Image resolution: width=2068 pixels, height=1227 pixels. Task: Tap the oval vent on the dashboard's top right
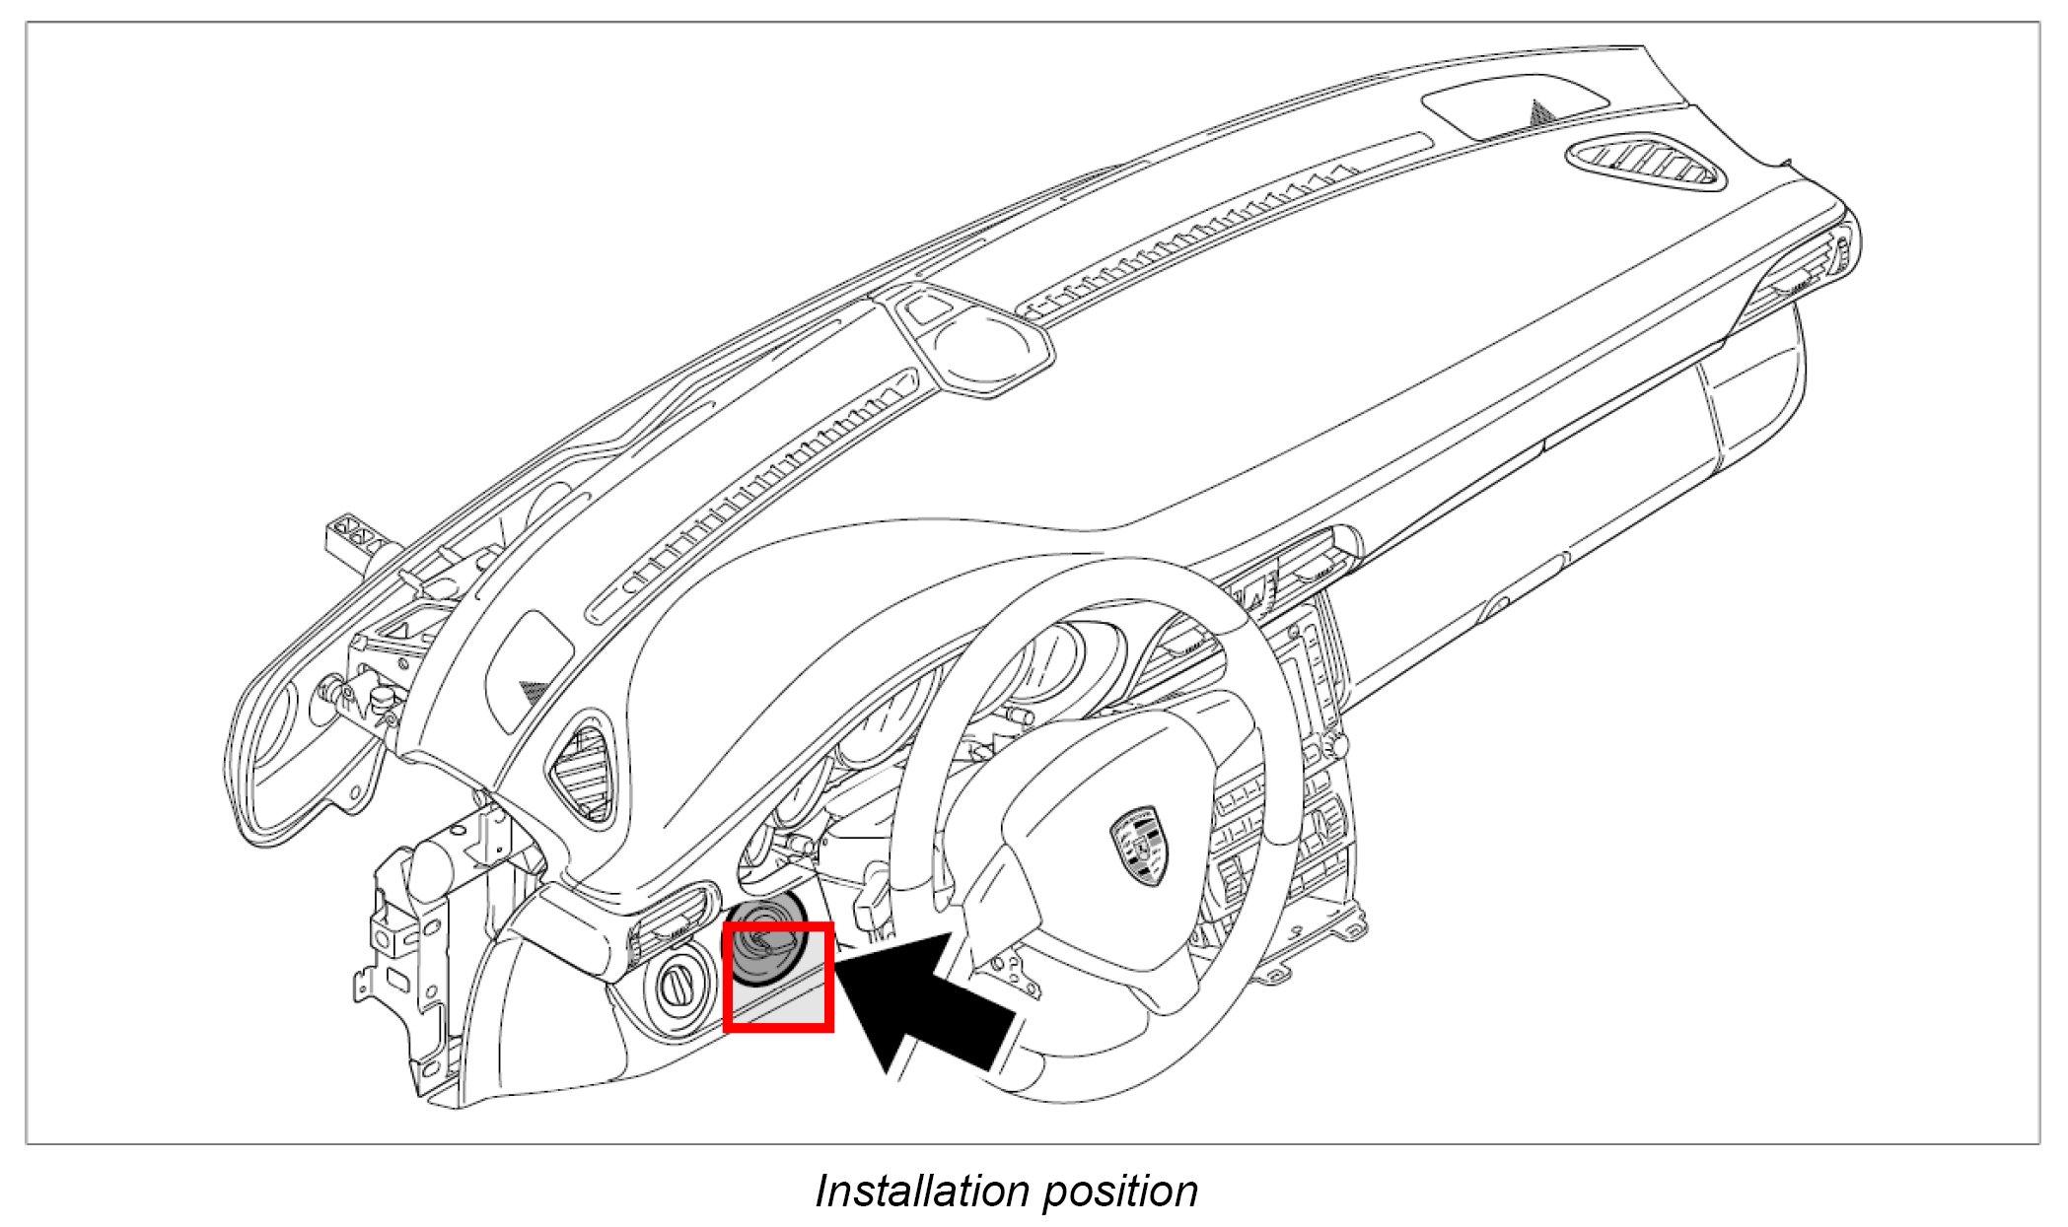(1645, 164)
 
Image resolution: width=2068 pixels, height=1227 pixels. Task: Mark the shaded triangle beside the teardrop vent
(534, 690)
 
